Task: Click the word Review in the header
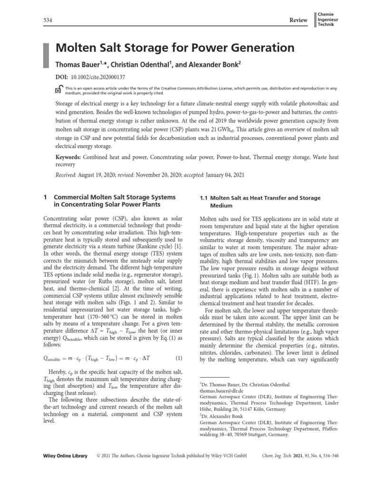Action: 299,19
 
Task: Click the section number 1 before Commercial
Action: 45,197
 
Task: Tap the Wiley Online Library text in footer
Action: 62,456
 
